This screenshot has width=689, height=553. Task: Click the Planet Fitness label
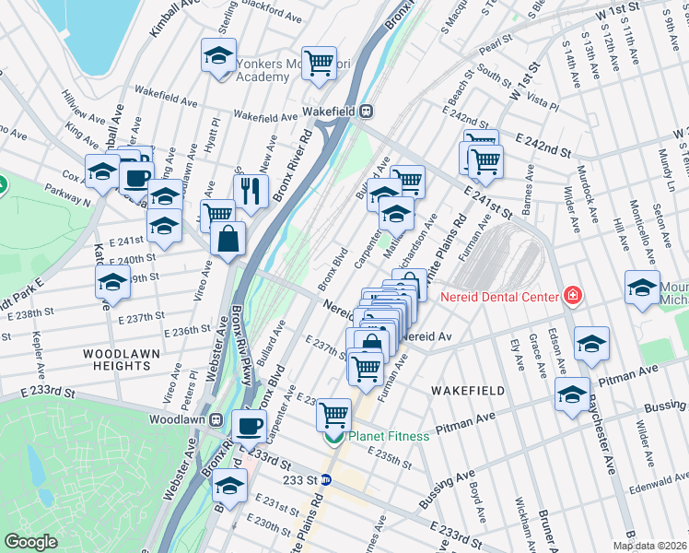click(x=388, y=436)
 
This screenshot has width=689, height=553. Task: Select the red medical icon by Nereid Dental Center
click(x=573, y=296)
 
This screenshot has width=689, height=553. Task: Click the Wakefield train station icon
click(x=366, y=112)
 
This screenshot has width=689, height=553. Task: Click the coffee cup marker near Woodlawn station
click(x=249, y=425)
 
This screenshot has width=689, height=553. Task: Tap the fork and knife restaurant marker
click(x=250, y=190)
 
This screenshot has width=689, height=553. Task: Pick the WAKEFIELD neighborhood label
click(x=467, y=391)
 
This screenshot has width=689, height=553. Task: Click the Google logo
click(x=30, y=542)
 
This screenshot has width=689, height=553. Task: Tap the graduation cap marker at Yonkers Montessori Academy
click(x=219, y=55)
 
